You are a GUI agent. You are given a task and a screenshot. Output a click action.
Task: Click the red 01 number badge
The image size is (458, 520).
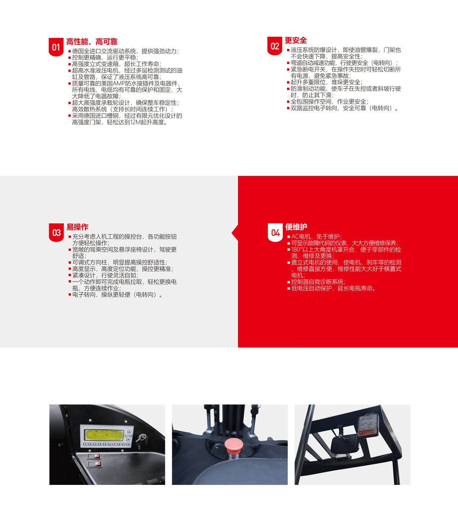(56, 47)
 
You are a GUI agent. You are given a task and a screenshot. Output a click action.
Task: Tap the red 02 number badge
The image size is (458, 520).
(275, 46)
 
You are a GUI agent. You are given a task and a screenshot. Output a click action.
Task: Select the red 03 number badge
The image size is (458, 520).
(56, 233)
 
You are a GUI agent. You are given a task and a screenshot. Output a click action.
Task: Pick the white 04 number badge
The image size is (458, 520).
(275, 233)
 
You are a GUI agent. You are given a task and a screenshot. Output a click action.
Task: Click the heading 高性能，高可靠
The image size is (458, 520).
(92, 42)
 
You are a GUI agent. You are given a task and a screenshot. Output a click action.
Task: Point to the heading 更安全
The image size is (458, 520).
(295, 40)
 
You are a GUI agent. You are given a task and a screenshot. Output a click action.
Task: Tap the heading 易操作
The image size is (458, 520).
(77, 227)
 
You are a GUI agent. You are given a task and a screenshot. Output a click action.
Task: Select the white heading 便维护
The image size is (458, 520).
(296, 227)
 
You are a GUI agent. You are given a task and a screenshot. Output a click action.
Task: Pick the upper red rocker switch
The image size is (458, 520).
(94, 456)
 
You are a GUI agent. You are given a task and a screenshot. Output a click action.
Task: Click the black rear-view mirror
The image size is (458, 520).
(345, 444)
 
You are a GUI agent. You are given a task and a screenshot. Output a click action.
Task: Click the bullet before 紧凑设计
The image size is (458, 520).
(70, 275)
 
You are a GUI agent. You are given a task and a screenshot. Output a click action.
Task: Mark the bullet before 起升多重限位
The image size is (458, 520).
(288, 82)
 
